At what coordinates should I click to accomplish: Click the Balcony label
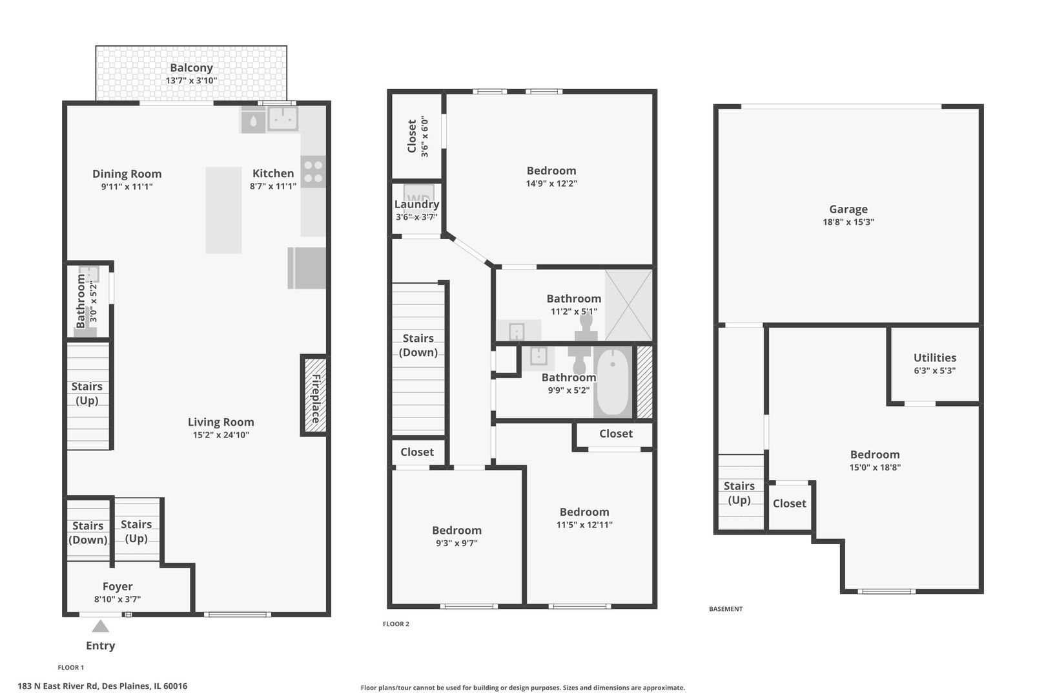[191, 68]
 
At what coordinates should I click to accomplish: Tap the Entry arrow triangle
[100, 626]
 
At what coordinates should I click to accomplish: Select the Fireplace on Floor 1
[314, 396]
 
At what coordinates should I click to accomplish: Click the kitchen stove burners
[313, 171]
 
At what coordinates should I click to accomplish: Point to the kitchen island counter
[223, 210]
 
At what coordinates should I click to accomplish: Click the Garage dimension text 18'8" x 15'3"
[848, 222]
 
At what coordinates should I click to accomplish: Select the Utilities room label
[934, 357]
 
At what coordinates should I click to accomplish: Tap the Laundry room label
[416, 204]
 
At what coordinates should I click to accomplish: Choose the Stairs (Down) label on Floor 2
[418, 345]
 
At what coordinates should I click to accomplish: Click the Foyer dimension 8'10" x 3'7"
[118, 599]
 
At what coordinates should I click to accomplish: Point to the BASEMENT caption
[726, 609]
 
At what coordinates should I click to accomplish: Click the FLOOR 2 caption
[396, 624]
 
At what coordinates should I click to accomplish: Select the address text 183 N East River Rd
[103, 686]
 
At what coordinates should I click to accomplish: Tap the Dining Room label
[127, 174]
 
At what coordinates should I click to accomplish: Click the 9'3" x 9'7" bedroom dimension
[456, 543]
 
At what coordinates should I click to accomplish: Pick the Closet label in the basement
[789, 503]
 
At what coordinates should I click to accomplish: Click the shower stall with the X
[628, 306]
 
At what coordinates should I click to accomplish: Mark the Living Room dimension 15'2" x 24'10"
[221, 435]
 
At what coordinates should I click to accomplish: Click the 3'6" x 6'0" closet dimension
[425, 136]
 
